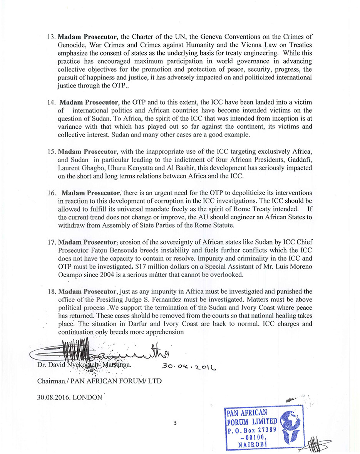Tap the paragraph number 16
52,192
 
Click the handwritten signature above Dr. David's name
100,350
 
